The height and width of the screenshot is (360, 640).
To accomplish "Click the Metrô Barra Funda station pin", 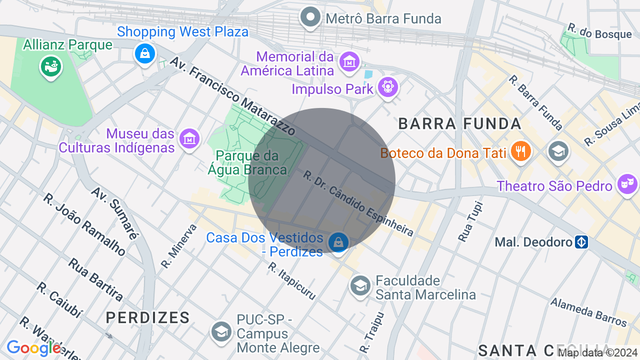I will [310, 17].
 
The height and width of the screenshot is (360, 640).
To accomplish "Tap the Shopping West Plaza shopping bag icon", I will [145, 53].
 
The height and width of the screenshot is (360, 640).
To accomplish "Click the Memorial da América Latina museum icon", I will [349, 62].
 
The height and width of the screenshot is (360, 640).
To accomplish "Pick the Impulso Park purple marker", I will [387, 87].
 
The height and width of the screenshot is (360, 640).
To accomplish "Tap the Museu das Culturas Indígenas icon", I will [189, 138].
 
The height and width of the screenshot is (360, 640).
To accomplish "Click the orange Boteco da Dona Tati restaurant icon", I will [520, 151].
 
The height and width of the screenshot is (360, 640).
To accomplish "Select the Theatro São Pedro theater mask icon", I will [627, 184].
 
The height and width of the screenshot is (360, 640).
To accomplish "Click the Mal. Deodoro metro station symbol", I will [581, 242].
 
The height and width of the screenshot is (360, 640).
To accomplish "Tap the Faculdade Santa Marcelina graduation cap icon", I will [360, 285].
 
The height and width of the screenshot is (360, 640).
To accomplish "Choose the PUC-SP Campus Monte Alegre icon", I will [221, 331].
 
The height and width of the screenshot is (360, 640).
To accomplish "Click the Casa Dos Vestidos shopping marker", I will [338, 242].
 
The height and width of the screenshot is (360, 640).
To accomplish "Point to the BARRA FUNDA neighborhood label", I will [459, 123].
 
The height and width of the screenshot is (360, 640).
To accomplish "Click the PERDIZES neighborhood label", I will [148, 317].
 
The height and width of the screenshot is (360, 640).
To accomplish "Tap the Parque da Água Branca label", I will [247, 163].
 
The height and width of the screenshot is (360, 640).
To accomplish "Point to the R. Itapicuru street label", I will [291, 281].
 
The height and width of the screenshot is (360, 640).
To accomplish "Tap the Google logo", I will [34, 348].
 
